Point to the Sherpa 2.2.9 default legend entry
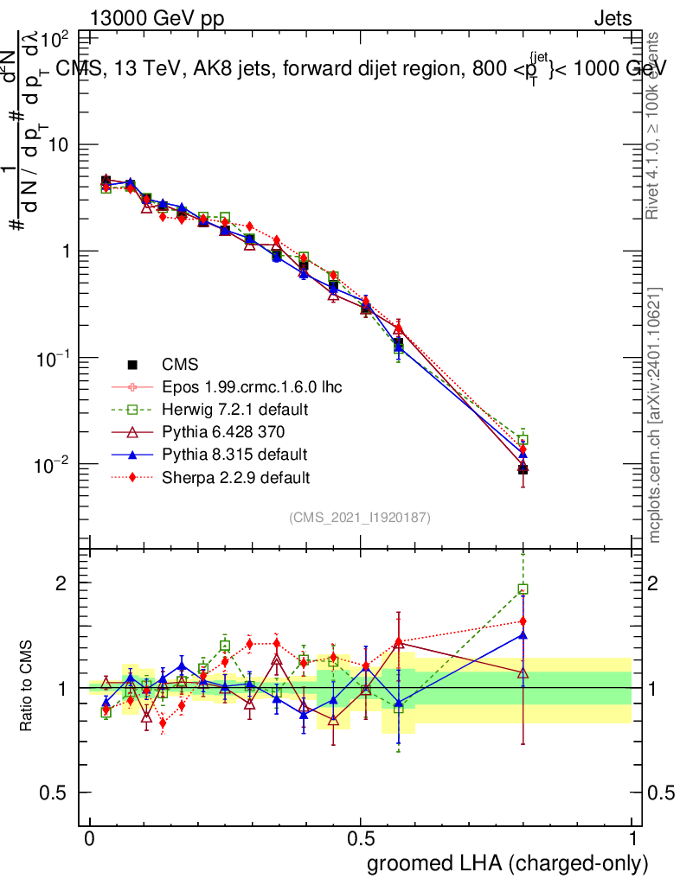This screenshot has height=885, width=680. pos(236,476)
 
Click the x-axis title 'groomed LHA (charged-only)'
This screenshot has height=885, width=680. pos(508,863)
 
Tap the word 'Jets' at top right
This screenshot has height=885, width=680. pos(613,18)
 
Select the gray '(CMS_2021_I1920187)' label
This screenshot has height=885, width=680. pos(360,518)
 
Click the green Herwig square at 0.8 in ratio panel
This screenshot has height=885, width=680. pos(523,589)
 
